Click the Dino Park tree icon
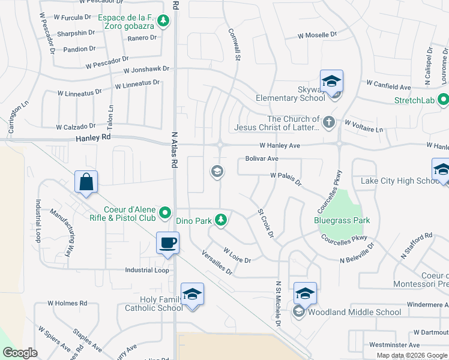tap(221, 220)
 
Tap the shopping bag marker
tap(86, 182)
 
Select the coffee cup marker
tap(167, 243)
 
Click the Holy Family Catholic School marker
tap(193, 294)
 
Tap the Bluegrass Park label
tap(342, 220)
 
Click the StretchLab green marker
tap(443, 100)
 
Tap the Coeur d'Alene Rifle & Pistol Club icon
tap(164, 212)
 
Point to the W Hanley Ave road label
tap(279, 146)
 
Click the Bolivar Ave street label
tap(262, 158)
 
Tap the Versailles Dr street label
tap(217, 262)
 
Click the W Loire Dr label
tap(237, 255)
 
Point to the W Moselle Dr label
tap(318, 35)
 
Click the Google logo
tap(20, 353)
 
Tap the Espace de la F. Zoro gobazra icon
tap(163, 22)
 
